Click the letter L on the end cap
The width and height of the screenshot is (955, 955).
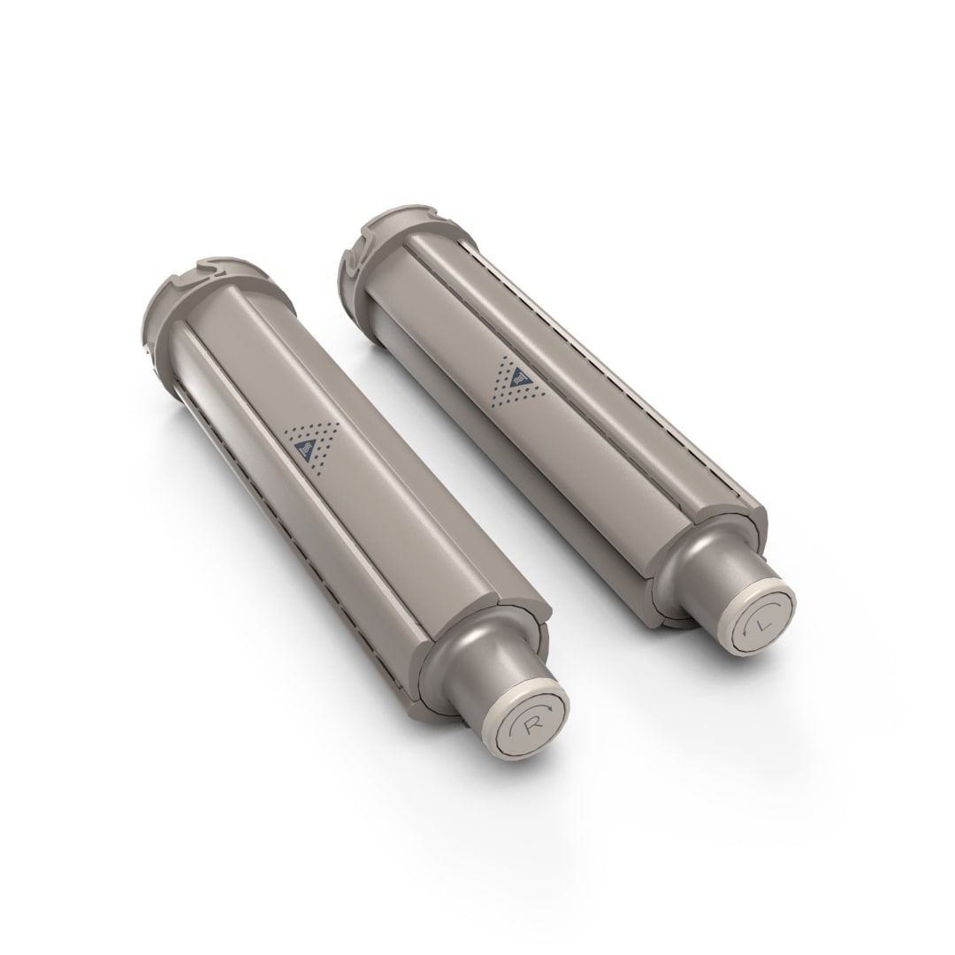click(x=759, y=624)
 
